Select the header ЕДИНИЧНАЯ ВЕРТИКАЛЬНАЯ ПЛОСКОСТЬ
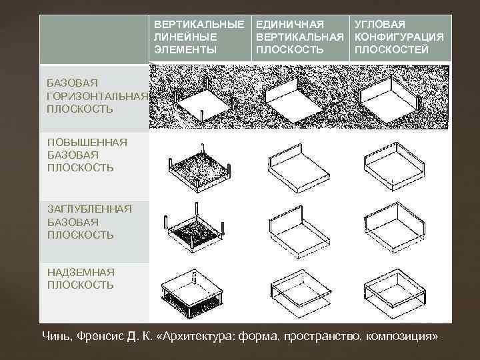pos(299,37)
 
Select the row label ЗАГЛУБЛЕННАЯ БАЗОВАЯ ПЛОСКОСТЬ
pos(89,222)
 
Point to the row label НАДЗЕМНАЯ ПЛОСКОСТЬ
pos(81,279)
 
